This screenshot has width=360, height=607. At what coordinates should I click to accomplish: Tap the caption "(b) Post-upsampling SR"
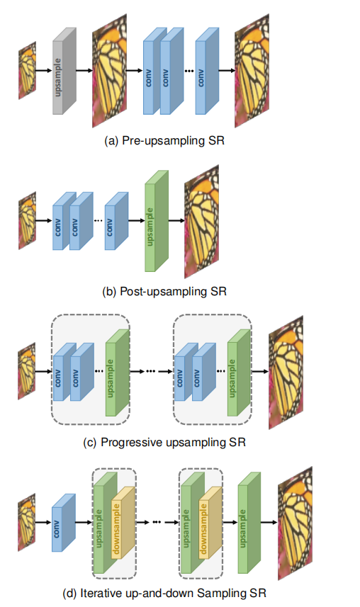click(x=165, y=290)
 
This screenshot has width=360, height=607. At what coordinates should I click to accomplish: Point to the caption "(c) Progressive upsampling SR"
click(x=165, y=443)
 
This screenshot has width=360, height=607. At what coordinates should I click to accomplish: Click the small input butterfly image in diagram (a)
click(x=27, y=69)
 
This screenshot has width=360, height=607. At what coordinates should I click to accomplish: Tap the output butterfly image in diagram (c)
click(x=286, y=371)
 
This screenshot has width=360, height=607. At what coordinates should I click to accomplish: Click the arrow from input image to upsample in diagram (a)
click(x=44, y=70)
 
